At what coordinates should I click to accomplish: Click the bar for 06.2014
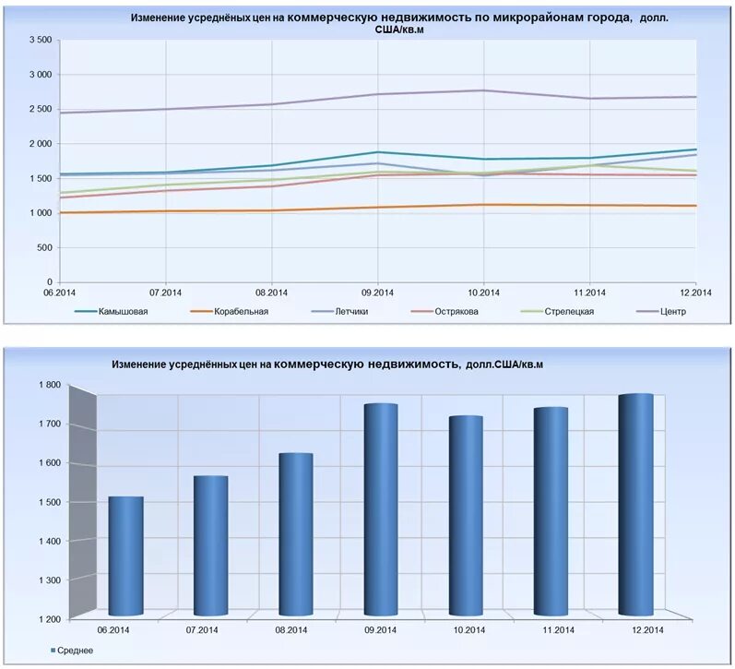[125, 556]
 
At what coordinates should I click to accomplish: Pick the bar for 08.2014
[296, 534]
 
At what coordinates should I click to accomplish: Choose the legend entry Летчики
[351, 311]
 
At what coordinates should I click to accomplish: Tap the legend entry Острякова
[457, 311]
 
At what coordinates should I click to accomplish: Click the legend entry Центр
[674, 311]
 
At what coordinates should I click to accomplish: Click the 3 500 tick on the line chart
[40, 41]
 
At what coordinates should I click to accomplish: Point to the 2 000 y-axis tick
[40, 144]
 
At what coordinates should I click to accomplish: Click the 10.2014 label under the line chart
[483, 293]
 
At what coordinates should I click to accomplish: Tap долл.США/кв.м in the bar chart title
[504, 365]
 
